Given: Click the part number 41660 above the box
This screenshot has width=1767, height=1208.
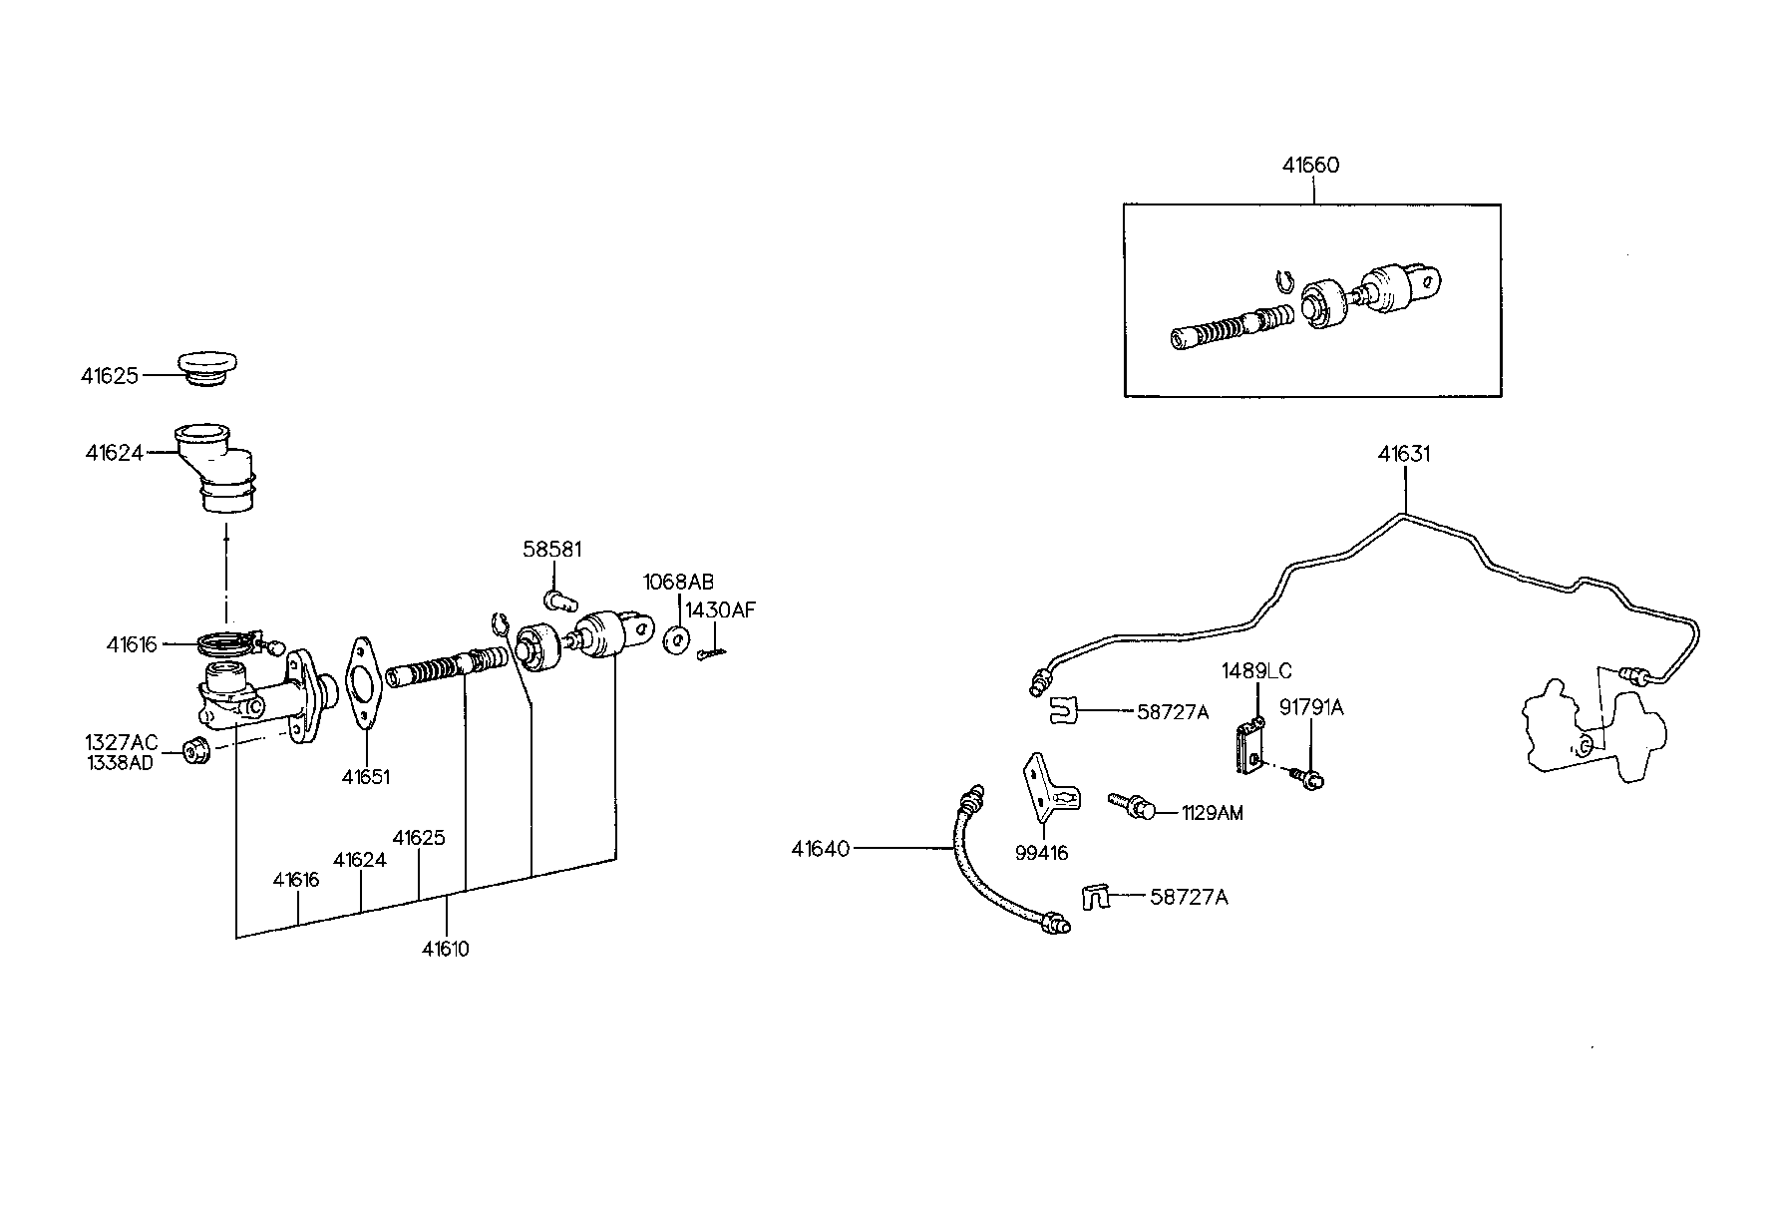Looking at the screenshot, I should coord(1310,166).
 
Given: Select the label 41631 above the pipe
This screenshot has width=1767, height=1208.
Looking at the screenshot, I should coord(1404,455).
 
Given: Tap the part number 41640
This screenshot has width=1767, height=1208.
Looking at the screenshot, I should coord(820,849).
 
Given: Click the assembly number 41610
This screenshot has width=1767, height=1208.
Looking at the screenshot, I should coord(445,949).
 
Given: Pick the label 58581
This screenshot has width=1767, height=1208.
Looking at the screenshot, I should coord(552,550).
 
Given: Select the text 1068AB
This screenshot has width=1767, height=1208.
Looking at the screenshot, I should coord(678,583).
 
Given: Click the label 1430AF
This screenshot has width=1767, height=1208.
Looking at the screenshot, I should coord(720,610).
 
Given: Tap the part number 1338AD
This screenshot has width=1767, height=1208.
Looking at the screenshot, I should coord(119,765).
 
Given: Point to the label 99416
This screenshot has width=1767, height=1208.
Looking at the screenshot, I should coord(1042,853).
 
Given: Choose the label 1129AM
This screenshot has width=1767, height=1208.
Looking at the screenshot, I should coord(1212,813).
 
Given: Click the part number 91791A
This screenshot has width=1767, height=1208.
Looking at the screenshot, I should coord(1311,708).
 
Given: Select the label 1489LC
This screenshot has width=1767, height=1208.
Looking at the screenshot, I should coord(1256,671).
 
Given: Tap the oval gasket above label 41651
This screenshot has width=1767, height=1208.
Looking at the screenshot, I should coord(362,683).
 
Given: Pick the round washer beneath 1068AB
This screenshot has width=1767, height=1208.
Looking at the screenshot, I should coord(676,639).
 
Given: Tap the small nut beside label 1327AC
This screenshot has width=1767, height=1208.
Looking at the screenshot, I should coord(196,750).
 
